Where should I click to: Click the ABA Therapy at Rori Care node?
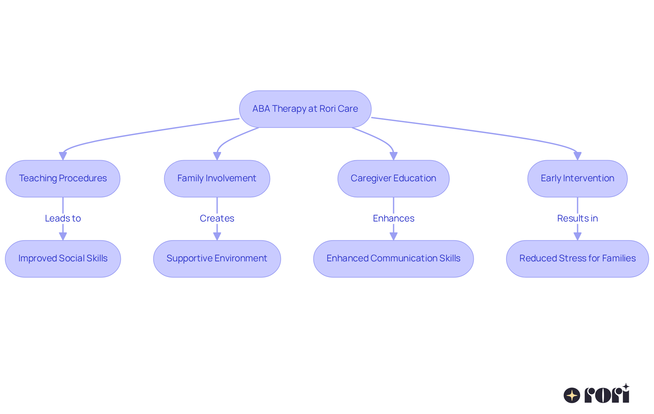click(305, 109)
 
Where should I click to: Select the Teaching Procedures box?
click(63, 179)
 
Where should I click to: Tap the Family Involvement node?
click(217, 179)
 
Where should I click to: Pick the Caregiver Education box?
click(393, 179)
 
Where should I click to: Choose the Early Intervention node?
click(577, 179)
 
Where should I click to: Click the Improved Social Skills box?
click(63, 259)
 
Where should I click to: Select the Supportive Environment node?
click(217, 259)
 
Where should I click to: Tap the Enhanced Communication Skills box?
click(393, 259)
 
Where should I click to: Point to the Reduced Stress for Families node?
click(577, 259)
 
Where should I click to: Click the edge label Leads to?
click(63, 218)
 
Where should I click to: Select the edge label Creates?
click(217, 218)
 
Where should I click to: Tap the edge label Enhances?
click(393, 218)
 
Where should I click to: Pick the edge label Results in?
click(577, 218)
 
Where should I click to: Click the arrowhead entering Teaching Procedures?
click(63, 156)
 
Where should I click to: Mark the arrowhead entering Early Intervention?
click(577, 156)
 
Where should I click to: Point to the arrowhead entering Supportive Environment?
click(217, 236)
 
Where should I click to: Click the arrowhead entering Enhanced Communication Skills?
click(393, 236)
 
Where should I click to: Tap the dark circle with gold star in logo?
click(572, 396)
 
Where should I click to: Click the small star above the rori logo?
click(626, 387)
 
